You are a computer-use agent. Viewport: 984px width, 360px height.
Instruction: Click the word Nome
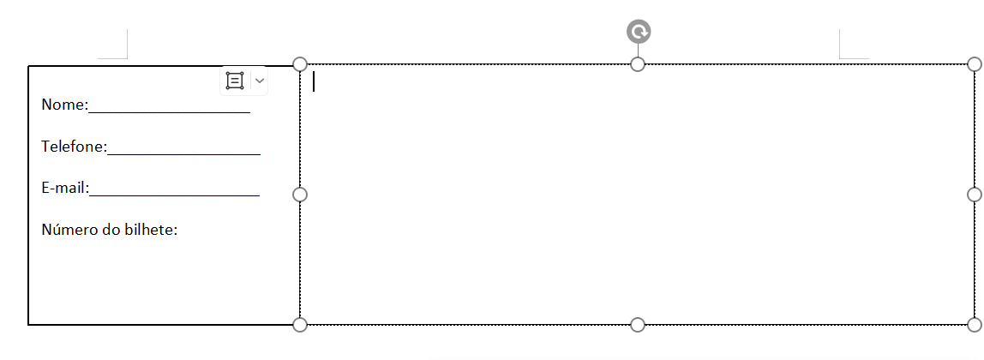(63, 105)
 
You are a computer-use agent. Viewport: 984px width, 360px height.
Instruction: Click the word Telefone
(72, 146)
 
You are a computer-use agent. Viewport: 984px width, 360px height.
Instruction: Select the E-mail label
(63, 188)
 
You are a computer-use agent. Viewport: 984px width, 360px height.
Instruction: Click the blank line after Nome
(170, 112)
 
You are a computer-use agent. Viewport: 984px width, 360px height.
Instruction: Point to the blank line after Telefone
(184, 153)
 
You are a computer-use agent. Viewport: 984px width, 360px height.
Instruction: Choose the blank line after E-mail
(175, 195)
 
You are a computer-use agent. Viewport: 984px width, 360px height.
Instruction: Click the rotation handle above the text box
(639, 32)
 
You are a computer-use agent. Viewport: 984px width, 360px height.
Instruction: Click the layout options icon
(235, 81)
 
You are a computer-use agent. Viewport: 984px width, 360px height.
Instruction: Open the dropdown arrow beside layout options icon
(260, 81)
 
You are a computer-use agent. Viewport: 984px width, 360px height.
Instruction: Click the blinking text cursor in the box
(314, 81)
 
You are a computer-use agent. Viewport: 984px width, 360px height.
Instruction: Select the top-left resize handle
(300, 64)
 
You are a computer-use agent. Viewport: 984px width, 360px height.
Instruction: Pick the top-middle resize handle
(638, 64)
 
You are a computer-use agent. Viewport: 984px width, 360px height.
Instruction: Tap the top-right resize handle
(975, 64)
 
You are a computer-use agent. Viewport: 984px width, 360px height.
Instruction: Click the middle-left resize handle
(300, 195)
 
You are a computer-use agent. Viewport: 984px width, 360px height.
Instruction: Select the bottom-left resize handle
(300, 324)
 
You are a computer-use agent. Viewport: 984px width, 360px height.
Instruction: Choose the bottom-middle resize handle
(638, 324)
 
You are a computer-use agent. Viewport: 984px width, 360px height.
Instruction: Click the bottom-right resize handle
(975, 324)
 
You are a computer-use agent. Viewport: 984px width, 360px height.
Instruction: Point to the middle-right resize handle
(975, 195)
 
